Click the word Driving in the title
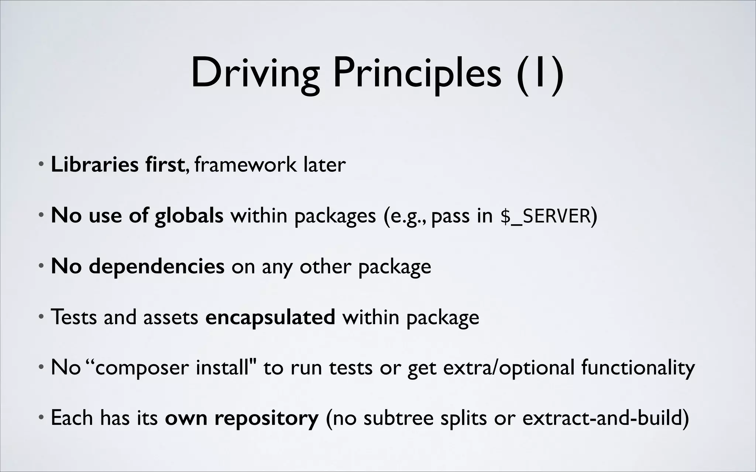[255, 74]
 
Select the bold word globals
[189, 215]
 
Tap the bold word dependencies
[156, 266]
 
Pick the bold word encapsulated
[270, 317]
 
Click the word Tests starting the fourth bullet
[73, 317]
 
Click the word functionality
[638, 368]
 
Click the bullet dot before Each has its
[41, 418]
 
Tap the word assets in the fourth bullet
[171, 317]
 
